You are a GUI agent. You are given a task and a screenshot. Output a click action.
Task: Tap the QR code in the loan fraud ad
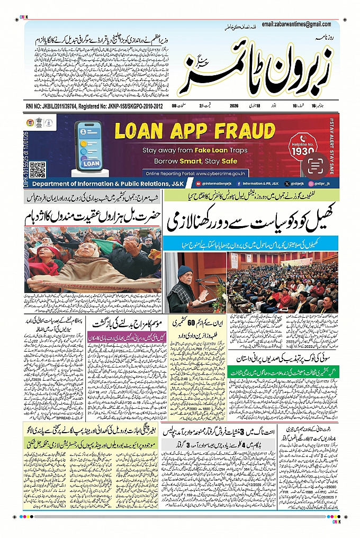coord(37,169)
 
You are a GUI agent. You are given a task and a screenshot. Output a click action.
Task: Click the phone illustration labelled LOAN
coord(88,150)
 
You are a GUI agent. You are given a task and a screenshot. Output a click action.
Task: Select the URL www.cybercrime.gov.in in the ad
coord(217,173)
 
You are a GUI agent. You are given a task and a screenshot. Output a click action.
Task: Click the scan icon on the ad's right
coord(315,166)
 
